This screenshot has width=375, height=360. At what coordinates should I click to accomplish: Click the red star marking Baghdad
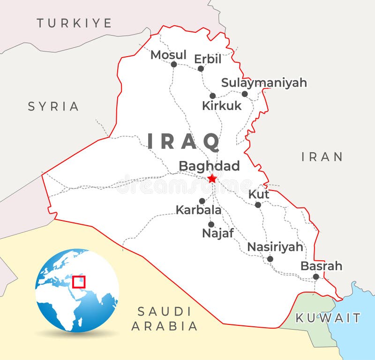[x=212, y=178]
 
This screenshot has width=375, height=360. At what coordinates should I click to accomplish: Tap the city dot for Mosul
[x=174, y=64]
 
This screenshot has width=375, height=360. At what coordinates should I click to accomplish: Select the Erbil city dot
[x=201, y=68]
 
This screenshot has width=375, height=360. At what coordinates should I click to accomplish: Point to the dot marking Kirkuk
[x=212, y=96]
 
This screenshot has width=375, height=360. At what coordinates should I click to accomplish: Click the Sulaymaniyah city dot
[x=245, y=94]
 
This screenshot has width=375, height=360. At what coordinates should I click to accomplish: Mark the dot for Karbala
[x=202, y=201]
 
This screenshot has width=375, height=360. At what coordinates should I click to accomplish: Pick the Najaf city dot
[x=211, y=224]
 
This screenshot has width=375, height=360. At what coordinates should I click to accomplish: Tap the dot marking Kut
[x=258, y=205]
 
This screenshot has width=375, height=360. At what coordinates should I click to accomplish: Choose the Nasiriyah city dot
[x=270, y=259]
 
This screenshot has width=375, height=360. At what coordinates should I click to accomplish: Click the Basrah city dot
[x=316, y=277]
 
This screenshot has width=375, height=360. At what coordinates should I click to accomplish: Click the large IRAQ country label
[x=184, y=141]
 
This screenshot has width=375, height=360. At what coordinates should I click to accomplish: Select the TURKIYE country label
[x=75, y=23]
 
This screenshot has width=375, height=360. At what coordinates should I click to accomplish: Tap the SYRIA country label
[x=53, y=106]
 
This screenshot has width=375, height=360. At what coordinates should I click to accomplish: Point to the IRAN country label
[x=322, y=157]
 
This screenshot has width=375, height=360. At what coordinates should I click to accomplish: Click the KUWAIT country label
[x=328, y=318]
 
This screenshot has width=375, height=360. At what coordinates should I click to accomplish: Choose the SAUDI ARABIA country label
[x=165, y=319]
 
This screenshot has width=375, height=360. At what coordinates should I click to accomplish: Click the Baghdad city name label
[x=209, y=166]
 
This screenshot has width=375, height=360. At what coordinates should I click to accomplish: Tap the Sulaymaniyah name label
[x=264, y=83]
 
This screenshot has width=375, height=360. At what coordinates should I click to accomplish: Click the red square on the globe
[x=79, y=282]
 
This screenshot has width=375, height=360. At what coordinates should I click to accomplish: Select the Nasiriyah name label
[x=275, y=247]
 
